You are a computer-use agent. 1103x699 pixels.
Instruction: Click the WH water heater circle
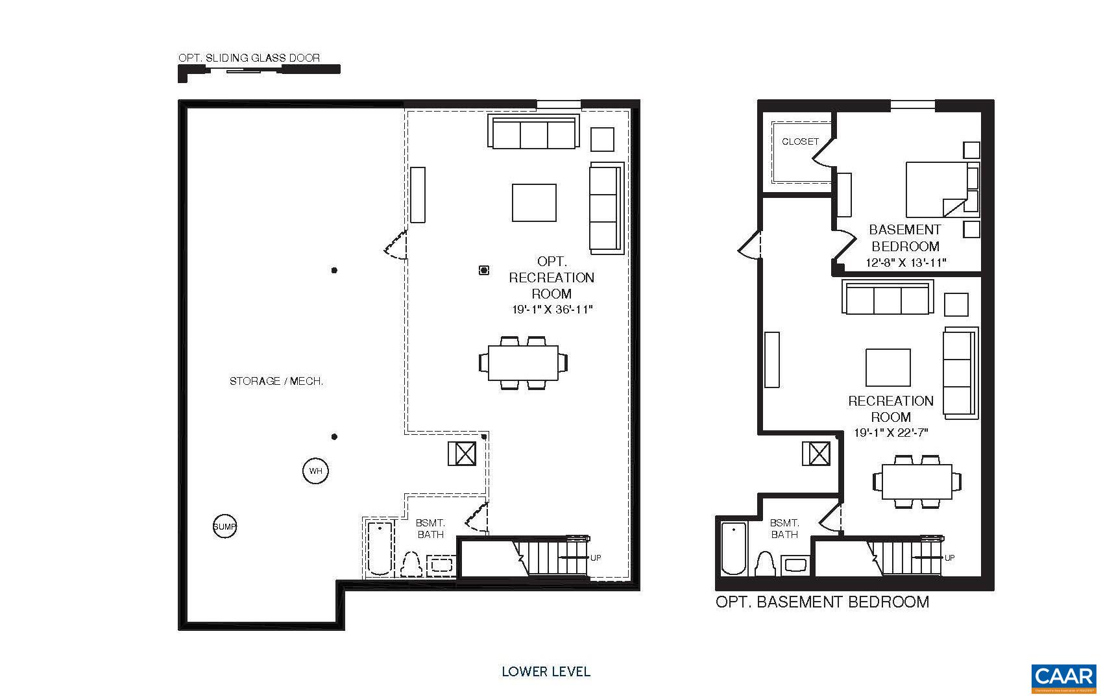point(315,471)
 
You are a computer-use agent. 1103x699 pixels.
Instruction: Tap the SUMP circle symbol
point(224,526)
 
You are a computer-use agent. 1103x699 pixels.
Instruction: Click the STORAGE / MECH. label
point(276,381)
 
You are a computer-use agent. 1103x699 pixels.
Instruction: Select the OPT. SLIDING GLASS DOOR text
point(249,58)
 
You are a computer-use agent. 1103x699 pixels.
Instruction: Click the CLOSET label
point(800,141)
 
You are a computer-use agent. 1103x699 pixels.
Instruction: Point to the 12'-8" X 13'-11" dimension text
point(906,263)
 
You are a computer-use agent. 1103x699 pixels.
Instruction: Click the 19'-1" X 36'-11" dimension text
point(552,310)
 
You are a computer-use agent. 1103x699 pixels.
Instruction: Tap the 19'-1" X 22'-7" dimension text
point(891,433)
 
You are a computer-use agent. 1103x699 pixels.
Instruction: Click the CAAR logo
point(1063,678)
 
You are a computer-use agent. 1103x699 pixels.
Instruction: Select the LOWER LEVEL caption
point(546,671)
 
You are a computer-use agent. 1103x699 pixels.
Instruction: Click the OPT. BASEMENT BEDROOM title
point(822,602)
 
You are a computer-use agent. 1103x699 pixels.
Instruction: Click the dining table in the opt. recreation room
point(523,363)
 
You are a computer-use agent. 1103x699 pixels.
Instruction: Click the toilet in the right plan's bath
point(766,564)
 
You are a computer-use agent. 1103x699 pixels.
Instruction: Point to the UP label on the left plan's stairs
point(596,558)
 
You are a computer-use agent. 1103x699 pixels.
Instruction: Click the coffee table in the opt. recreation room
point(534,202)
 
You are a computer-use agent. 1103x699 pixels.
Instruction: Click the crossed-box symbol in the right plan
point(816,453)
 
